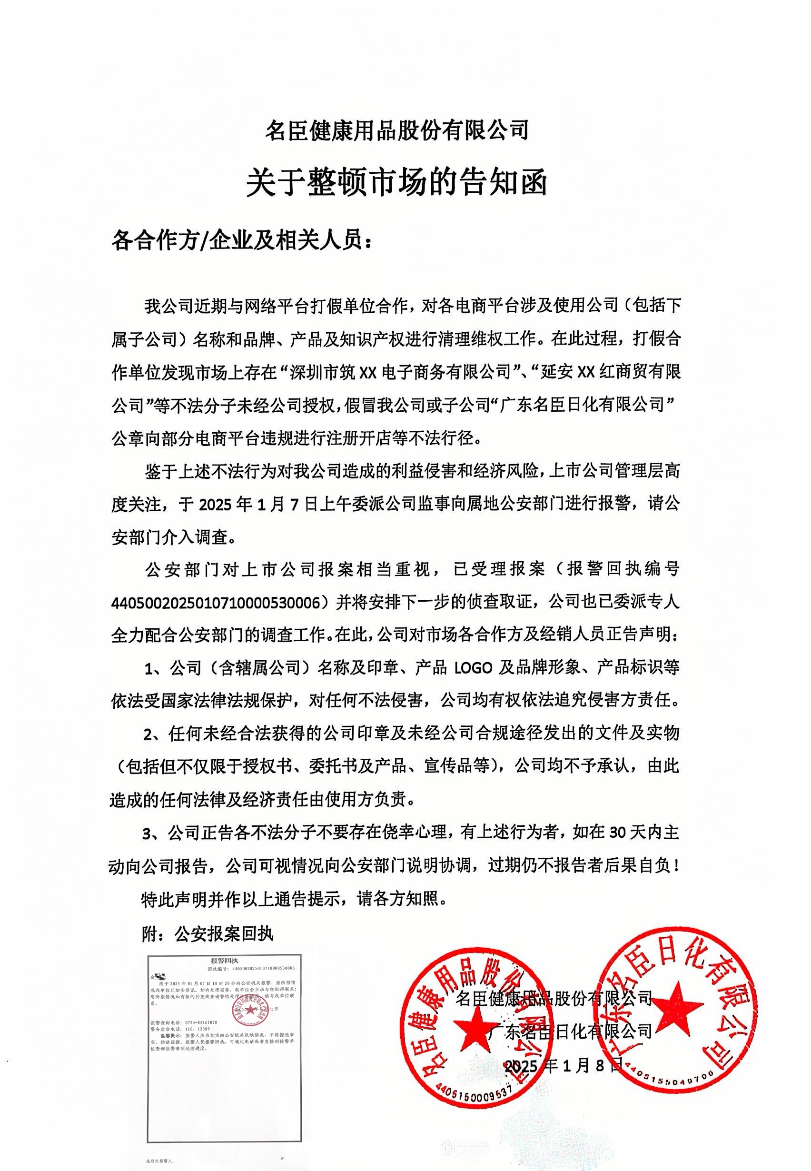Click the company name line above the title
[397, 130]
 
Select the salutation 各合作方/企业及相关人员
[242, 240]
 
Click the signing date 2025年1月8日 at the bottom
[563, 1066]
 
